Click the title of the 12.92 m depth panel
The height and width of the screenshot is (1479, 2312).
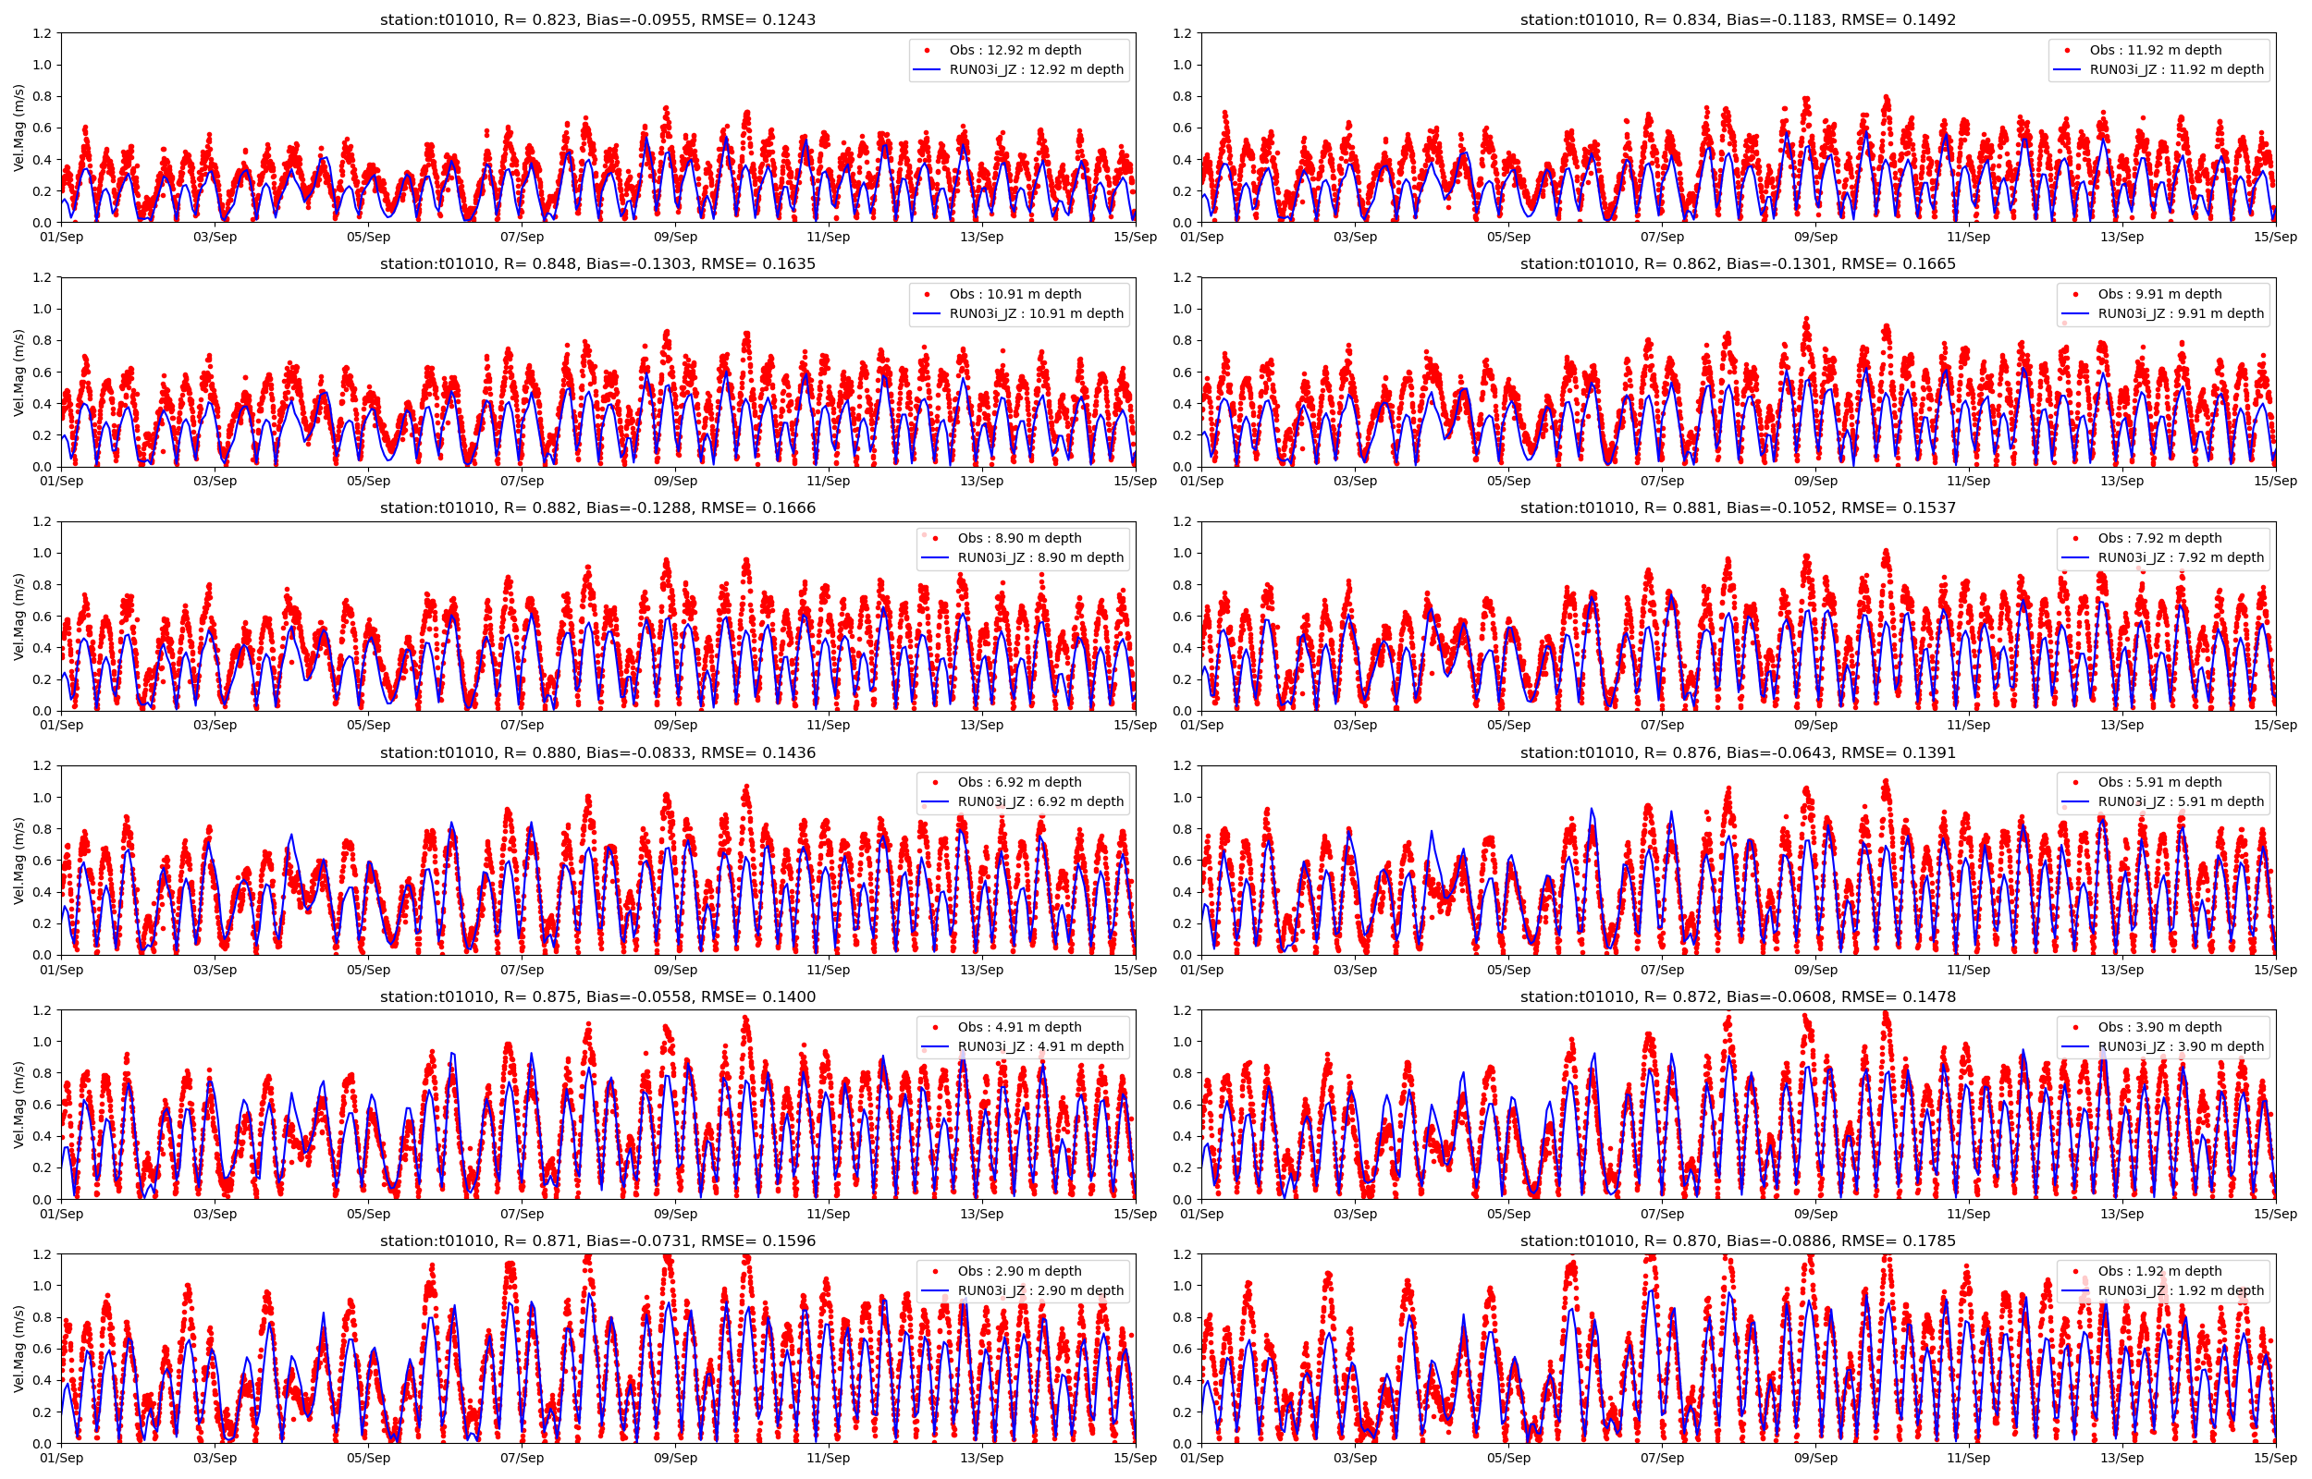click(x=597, y=19)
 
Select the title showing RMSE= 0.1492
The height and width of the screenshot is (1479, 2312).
click(x=1738, y=19)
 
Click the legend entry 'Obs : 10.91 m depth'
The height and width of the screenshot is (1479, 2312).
click(x=1015, y=294)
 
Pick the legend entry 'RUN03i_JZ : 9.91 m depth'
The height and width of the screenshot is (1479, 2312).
click(x=2181, y=313)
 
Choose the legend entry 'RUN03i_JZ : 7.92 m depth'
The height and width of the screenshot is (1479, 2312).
click(x=2181, y=557)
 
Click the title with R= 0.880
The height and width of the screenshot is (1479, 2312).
click(x=597, y=753)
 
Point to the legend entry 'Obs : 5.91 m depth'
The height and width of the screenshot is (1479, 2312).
click(x=2159, y=782)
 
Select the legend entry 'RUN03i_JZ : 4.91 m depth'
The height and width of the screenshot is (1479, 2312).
click(x=1040, y=1045)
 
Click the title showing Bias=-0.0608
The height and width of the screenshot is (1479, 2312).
click(x=1738, y=996)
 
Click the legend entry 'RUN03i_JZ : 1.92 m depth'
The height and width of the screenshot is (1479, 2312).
click(x=2181, y=1290)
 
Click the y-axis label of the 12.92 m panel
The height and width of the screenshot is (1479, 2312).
click(x=18, y=128)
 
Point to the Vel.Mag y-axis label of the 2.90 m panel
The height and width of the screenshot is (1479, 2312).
click(x=18, y=1349)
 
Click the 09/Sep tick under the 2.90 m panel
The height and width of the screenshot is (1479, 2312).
click(x=675, y=1458)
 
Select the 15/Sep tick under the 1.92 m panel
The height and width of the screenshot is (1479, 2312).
click(x=2276, y=1458)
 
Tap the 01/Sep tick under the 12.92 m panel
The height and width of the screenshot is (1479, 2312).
click(x=61, y=238)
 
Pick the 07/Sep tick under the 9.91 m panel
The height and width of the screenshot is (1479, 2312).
click(x=1662, y=482)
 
